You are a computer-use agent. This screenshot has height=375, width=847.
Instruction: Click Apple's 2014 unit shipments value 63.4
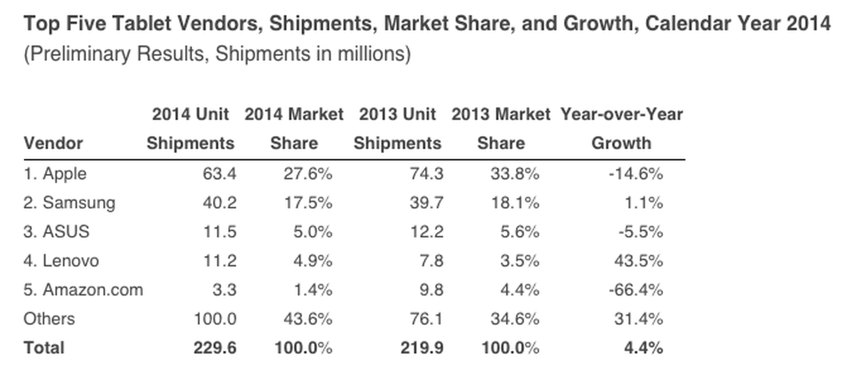point(219,174)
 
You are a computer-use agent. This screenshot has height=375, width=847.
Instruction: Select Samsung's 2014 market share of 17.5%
point(308,203)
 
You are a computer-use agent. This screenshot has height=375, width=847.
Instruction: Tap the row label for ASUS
point(56,232)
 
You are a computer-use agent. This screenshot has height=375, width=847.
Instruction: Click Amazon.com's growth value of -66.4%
point(635,290)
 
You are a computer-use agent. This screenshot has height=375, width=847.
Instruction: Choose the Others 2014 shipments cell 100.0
point(214,319)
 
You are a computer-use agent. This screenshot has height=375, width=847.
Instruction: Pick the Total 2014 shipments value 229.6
point(214,348)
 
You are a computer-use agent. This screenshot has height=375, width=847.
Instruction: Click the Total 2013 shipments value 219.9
point(421,348)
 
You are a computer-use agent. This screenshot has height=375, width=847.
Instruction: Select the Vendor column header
point(53,144)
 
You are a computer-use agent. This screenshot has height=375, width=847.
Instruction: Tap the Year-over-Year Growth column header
point(621,129)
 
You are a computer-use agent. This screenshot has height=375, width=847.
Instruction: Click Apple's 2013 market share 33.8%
point(514,174)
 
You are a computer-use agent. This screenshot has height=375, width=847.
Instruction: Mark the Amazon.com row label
point(83,290)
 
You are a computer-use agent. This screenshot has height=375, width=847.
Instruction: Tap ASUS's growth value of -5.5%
point(640,232)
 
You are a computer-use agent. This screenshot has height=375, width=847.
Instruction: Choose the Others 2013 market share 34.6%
point(514,319)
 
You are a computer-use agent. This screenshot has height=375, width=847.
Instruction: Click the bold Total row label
point(44,348)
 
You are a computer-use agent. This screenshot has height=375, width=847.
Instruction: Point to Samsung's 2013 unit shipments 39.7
point(426,203)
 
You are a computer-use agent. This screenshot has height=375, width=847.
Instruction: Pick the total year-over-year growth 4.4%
point(643,348)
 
